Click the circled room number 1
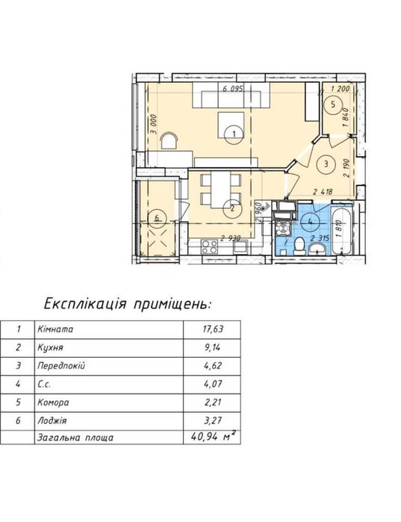click(234, 134)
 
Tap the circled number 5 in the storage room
click(334, 105)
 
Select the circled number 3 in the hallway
click(326, 164)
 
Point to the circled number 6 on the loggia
click(158, 218)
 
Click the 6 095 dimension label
click(233, 89)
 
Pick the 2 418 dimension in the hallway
click(323, 191)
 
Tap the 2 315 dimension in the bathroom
click(320, 238)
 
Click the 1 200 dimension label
click(341, 89)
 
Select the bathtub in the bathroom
click(342, 231)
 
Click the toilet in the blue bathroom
click(300, 246)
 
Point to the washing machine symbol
click(283, 229)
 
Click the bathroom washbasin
click(318, 249)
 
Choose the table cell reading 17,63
click(213, 329)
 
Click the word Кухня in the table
click(50, 348)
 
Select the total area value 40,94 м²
click(214, 436)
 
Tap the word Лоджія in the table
click(52, 420)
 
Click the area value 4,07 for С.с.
click(213, 384)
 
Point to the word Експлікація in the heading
click(85, 304)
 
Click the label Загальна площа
click(75, 438)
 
